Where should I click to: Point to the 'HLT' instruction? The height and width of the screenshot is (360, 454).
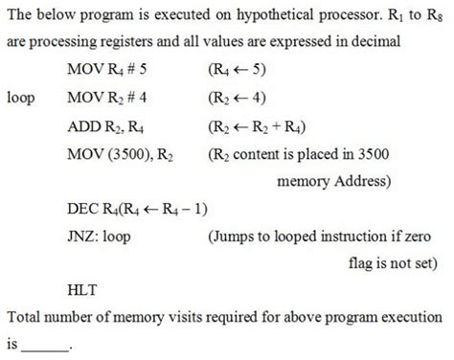[x=82, y=288]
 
